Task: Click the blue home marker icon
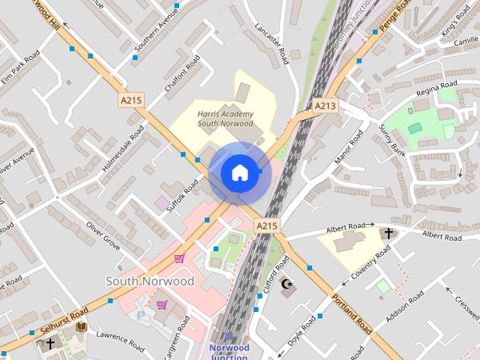coord(239,172)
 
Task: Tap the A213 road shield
coord(325,106)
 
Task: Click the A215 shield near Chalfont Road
coord(130,99)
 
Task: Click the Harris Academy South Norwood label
coord(225,118)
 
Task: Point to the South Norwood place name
coord(150,281)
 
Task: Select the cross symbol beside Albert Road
coord(388,233)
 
